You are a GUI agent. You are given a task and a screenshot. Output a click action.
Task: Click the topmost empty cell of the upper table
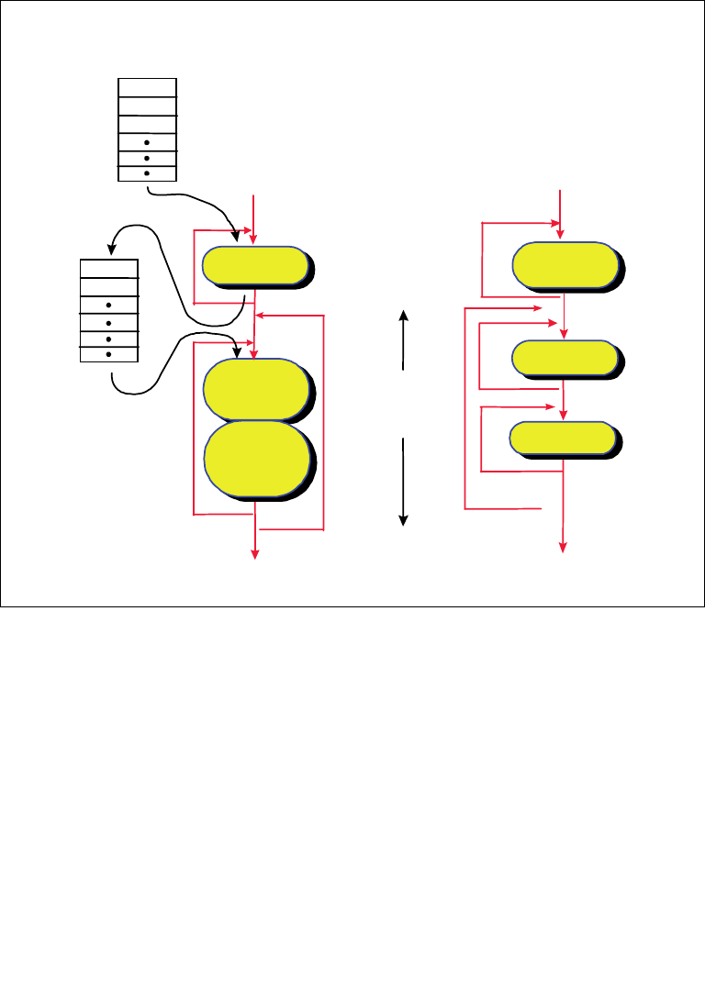pyautogui.click(x=147, y=87)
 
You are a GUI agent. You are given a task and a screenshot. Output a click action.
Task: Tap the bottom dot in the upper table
pyautogui.click(x=147, y=172)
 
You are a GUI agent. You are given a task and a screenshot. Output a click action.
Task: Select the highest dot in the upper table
pyautogui.click(x=147, y=143)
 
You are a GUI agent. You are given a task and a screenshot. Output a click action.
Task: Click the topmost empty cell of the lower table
pyautogui.click(x=109, y=269)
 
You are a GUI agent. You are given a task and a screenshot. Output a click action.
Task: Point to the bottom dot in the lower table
pyautogui.click(x=109, y=353)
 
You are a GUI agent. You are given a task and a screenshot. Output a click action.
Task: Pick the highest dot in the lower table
pyautogui.click(x=109, y=305)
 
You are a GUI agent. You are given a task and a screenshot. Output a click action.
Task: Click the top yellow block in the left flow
pyautogui.click(x=254, y=265)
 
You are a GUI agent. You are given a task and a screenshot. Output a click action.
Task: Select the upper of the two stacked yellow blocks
pyautogui.click(x=255, y=388)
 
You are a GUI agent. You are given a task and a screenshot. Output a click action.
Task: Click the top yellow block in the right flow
pyautogui.click(x=564, y=264)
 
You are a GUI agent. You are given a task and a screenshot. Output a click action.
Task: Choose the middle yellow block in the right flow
pyautogui.click(x=564, y=357)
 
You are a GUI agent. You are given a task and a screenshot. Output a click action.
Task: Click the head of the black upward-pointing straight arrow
pyautogui.click(x=403, y=315)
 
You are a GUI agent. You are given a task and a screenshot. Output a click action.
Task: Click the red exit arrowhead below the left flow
pyautogui.click(x=255, y=552)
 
